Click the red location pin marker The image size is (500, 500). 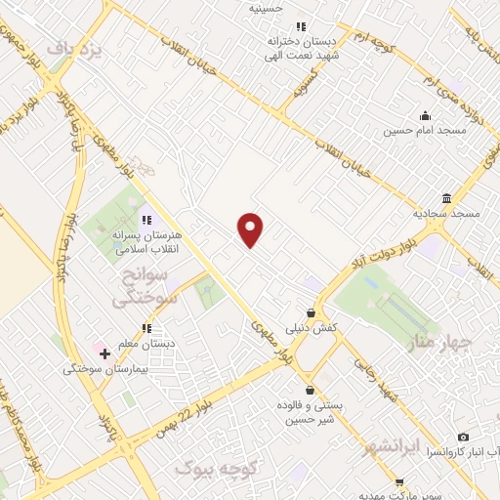click(251, 229)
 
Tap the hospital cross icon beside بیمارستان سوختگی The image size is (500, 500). click(104, 353)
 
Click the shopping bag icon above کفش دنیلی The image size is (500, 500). click(311, 313)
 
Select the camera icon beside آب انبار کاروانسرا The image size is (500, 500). click(463, 437)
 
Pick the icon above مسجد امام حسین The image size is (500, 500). click(424, 114)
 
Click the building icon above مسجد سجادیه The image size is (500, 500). click(446, 198)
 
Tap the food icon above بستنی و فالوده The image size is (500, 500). click(309, 389)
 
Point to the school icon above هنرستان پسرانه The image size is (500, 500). click(146, 221)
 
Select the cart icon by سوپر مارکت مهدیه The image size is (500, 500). click(399, 482)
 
